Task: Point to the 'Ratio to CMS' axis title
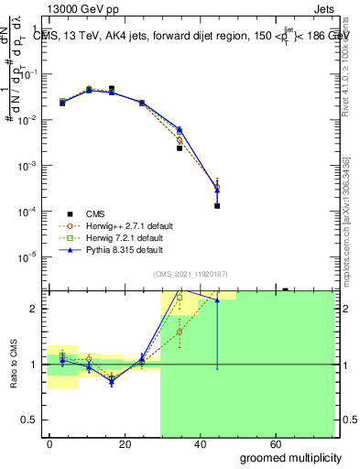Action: point(13,364)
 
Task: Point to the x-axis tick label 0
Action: point(49,443)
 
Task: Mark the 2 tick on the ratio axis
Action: point(33,309)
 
